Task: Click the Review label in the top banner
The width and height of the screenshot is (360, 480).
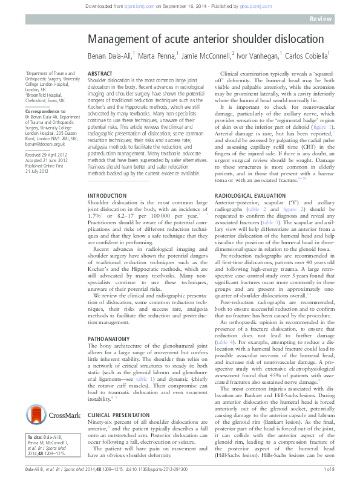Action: tap(336, 19)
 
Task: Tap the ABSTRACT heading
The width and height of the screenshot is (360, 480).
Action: tap(100, 72)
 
